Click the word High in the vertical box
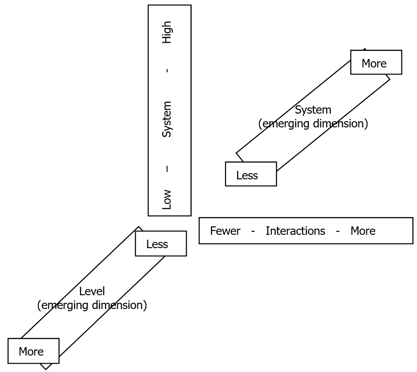[167, 32]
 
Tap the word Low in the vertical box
[167, 199]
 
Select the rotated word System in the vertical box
[167, 119]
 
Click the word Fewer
[225, 231]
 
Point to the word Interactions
[295, 231]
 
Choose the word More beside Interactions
[363, 231]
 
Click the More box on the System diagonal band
[376, 63]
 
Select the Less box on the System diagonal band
[251, 174]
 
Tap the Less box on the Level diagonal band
[161, 244]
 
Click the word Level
[92, 291]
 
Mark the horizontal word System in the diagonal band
[313, 110]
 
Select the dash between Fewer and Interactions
[253, 231]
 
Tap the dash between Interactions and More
[338, 231]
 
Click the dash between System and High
[167, 70]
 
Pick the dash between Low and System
[167, 169]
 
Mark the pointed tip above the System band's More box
[365, 49]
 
